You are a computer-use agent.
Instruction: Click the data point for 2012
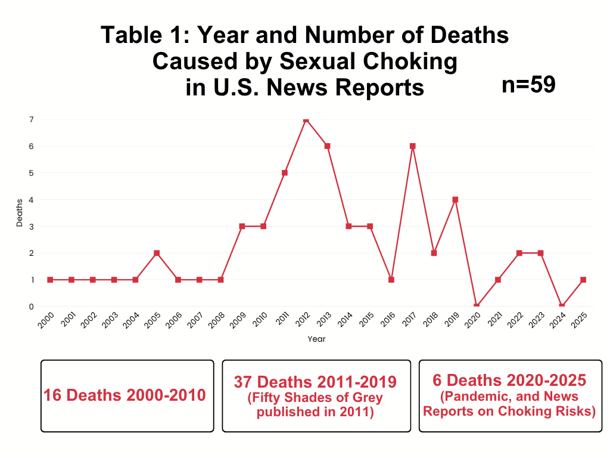[306, 120]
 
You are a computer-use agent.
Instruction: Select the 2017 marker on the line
[412, 146]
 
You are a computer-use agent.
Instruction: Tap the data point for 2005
[157, 253]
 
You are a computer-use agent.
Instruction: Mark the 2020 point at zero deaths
[477, 306]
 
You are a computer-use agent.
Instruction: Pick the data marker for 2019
[455, 200]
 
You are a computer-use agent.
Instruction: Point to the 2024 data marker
[562, 306]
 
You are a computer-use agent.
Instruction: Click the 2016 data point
[391, 280]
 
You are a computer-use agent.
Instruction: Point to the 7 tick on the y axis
[30, 119]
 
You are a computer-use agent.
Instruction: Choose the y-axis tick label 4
[30, 200]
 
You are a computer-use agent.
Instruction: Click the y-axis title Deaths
[20, 213]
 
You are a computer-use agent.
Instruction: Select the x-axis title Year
[316, 339]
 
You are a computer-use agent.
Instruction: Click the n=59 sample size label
[528, 85]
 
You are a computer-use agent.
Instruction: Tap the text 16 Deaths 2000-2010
[125, 395]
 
